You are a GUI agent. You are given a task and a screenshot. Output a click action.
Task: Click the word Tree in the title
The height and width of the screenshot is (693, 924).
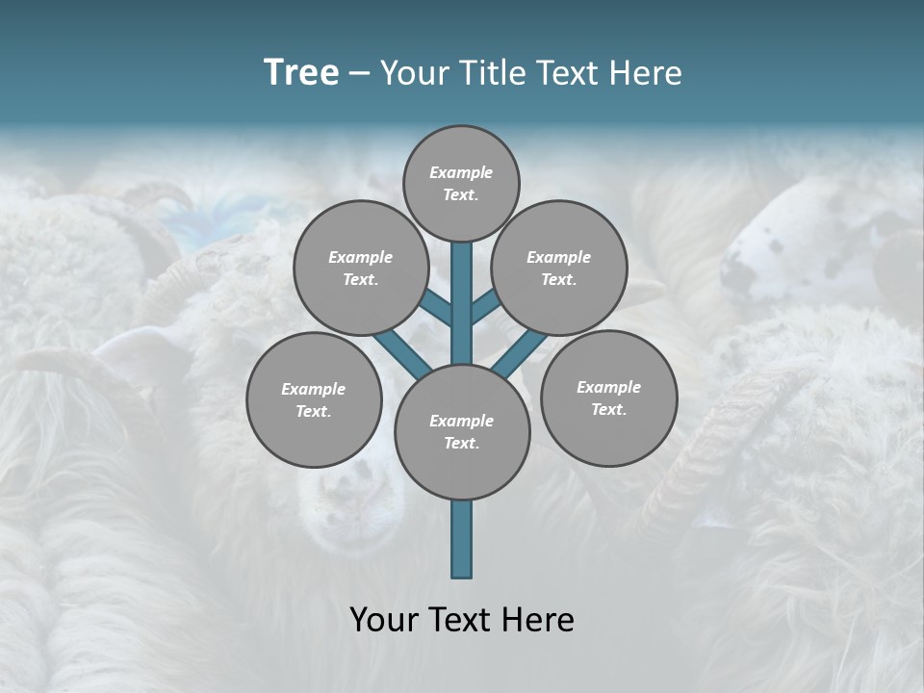[x=301, y=73]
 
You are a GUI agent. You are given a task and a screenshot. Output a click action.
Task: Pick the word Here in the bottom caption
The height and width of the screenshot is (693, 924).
[x=540, y=620]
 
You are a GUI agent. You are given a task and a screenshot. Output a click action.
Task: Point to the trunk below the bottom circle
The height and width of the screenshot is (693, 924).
[x=462, y=539]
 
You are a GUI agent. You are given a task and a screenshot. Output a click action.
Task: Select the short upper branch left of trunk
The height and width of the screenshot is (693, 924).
[x=435, y=308]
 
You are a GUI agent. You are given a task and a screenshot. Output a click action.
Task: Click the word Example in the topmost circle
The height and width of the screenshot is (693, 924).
[x=461, y=173]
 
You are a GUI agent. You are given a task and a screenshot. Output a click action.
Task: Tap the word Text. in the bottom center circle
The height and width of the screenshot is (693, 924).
[x=462, y=443]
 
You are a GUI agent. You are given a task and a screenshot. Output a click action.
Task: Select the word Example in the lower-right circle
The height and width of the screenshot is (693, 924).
[x=608, y=387]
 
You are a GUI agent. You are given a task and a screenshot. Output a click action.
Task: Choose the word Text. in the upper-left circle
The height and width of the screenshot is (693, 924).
[x=361, y=279]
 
